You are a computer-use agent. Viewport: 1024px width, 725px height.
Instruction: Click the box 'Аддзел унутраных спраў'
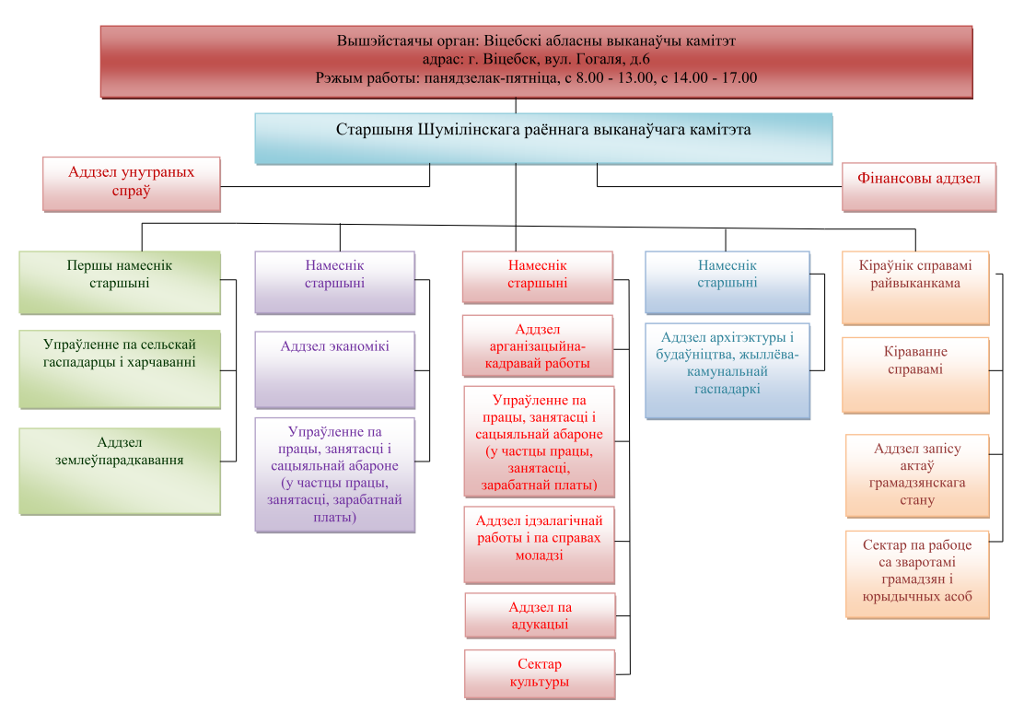(x=132, y=184)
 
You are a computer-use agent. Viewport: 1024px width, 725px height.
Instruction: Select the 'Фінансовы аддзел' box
(x=919, y=187)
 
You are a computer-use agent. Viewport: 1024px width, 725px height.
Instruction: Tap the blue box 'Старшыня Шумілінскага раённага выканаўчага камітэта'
(x=543, y=138)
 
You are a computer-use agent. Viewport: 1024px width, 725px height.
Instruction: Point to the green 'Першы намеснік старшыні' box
(x=120, y=283)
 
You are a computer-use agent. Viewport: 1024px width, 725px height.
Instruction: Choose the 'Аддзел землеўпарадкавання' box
(x=120, y=472)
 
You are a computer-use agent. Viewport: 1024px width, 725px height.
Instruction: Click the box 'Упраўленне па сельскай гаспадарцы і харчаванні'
(x=120, y=369)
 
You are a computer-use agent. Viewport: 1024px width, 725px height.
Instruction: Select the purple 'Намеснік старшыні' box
(x=334, y=283)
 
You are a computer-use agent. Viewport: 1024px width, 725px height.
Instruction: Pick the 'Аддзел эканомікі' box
(x=334, y=370)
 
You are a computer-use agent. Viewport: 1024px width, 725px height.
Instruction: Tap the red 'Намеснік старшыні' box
(x=538, y=277)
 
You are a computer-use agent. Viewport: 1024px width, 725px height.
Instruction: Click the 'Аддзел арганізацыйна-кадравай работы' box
(x=538, y=346)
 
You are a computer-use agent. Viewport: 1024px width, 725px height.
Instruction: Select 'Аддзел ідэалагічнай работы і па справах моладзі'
(x=540, y=544)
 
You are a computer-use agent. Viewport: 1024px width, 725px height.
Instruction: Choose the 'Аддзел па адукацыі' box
(x=540, y=615)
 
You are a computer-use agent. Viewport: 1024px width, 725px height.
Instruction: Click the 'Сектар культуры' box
(x=540, y=674)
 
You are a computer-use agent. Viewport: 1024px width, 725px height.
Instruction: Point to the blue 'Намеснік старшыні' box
(x=727, y=283)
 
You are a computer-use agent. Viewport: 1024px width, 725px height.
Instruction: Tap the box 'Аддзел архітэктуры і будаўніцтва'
(x=727, y=371)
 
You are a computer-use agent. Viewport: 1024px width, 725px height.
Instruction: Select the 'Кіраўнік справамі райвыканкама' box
(x=915, y=288)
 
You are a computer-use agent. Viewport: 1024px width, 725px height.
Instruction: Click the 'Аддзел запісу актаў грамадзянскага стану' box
(x=917, y=476)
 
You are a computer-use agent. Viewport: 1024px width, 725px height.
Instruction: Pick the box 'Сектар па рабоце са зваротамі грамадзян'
(x=917, y=575)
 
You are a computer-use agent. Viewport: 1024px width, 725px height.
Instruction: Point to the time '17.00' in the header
(x=739, y=77)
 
